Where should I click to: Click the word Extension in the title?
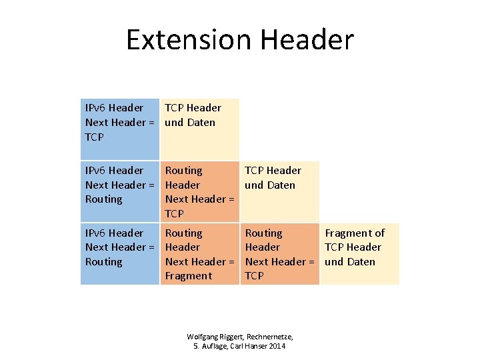[x=189, y=40]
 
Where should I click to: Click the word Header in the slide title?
[x=307, y=40]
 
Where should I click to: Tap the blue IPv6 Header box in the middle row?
[x=119, y=191]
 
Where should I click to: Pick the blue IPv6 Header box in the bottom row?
[x=119, y=254]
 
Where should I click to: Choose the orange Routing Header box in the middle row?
[x=199, y=191]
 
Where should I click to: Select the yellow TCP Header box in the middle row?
[x=279, y=191]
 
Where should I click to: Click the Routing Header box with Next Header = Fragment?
[x=199, y=254]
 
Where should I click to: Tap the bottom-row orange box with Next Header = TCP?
[x=279, y=254]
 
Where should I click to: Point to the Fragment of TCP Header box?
[x=359, y=254]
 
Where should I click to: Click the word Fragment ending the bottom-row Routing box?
[x=189, y=276]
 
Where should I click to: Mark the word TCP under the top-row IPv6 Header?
[x=95, y=137]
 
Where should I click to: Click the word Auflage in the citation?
[x=213, y=347]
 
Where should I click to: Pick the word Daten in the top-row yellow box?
[x=201, y=122]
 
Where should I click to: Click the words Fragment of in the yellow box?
[x=355, y=233]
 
